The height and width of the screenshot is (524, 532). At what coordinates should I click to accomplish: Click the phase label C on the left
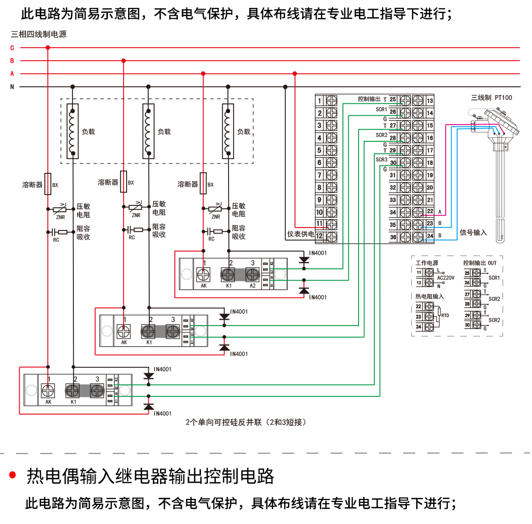click(x=12, y=48)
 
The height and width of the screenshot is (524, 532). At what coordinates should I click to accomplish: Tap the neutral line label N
click(x=12, y=87)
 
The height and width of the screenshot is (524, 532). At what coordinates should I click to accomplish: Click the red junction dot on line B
click(x=123, y=61)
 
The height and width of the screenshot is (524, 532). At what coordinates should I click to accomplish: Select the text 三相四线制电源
click(x=38, y=34)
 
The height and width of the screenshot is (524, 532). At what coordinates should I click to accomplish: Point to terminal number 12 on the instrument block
click(x=319, y=236)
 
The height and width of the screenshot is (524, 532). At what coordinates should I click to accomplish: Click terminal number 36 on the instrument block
click(x=393, y=237)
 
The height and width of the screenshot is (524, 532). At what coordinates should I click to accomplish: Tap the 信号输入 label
click(x=473, y=232)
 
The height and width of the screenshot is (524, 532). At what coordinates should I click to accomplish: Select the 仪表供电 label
click(x=300, y=234)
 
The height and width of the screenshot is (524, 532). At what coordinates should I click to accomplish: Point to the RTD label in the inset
click(x=445, y=315)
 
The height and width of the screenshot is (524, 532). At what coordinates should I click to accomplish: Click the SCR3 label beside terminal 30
click(x=382, y=160)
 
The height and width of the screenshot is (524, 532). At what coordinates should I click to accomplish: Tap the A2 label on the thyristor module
click(x=253, y=286)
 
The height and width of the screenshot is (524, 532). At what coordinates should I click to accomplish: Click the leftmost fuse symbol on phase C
click(x=48, y=184)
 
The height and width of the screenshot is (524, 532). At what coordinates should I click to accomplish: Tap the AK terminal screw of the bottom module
click(x=48, y=391)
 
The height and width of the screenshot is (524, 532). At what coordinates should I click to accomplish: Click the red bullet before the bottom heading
click(x=13, y=475)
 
